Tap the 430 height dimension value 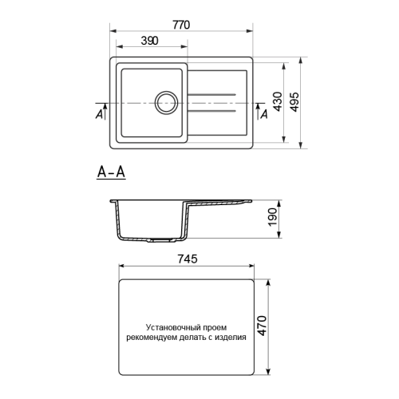pos(276,101)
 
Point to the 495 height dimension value pos(296,101)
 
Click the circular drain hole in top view pos(165,102)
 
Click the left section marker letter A pos(99,114)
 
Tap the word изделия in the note pos(231,337)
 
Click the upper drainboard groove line pos(212,96)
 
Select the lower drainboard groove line pos(212,112)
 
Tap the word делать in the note pos(192,337)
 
